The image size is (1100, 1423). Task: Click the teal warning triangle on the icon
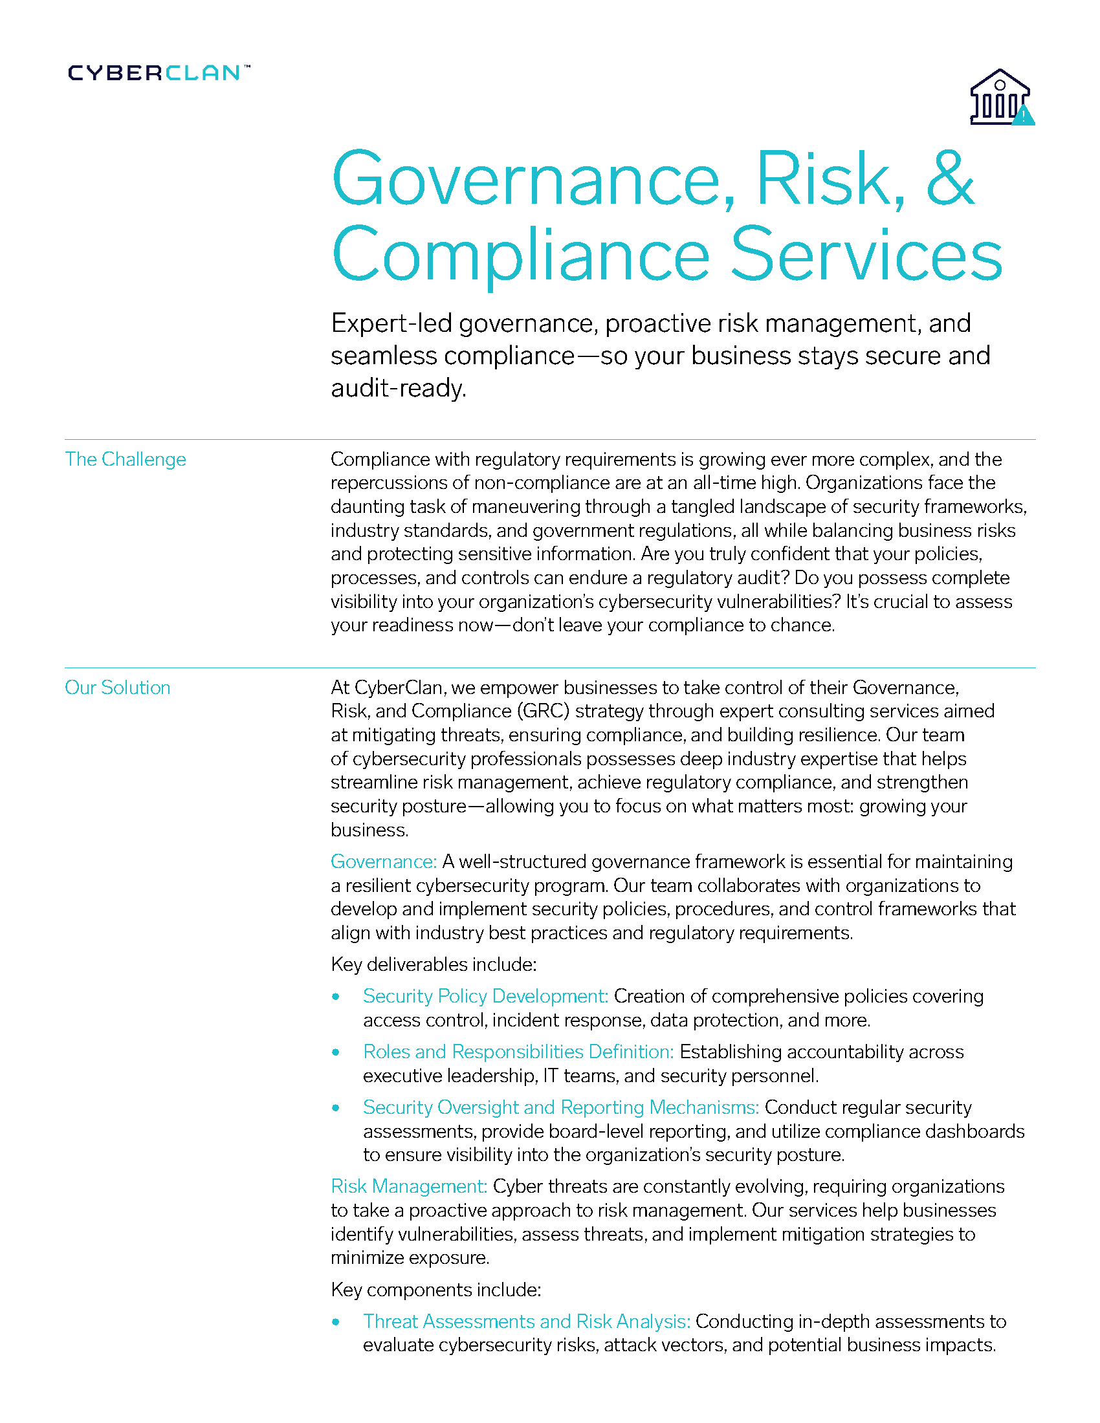(1023, 116)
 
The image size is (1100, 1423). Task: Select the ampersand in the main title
(949, 179)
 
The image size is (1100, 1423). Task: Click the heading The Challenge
(125, 459)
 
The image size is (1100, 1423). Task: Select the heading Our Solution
(117, 688)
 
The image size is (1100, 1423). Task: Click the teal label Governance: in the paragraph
(383, 862)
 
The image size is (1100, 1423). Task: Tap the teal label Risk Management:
(408, 1186)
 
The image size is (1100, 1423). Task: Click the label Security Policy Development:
(485, 996)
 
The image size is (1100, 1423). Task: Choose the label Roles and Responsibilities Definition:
(518, 1052)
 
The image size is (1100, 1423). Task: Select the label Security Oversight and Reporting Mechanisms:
(560, 1107)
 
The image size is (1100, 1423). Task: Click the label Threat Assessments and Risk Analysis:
(527, 1321)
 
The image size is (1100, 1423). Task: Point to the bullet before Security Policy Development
(336, 997)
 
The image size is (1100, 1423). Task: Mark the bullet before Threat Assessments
(336, 1322)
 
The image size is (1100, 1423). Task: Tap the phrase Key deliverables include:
(434, 964)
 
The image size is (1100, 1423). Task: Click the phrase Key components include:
(435, 1290)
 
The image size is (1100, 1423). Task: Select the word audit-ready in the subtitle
(398, 388)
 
